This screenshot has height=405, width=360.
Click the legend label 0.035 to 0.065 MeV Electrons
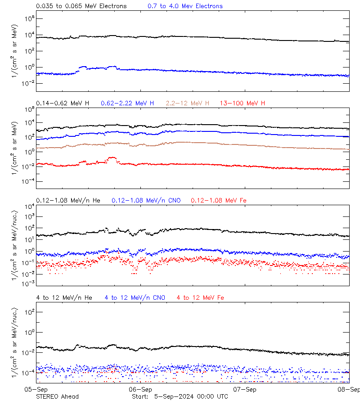tap(81, 6)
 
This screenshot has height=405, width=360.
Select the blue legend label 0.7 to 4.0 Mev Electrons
tap(185, 6)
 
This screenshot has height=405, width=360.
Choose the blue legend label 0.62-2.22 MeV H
tap(127, 103)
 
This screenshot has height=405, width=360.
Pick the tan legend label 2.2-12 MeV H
tap(187, 103)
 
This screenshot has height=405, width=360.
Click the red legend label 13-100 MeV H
tap(242, 103)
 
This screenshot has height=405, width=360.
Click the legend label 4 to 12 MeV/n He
tap(64, 298)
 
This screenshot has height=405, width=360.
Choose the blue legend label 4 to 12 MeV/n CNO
tap(135, 298)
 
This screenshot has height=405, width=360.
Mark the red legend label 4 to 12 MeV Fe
tap(200, 298)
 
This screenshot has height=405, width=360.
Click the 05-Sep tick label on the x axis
tap(36, 390)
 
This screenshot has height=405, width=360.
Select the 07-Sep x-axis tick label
tap(245, 390)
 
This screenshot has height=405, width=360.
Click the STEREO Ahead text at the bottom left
tap(57, 396)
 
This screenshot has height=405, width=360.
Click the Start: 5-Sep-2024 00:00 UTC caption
tap(180, 396)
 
